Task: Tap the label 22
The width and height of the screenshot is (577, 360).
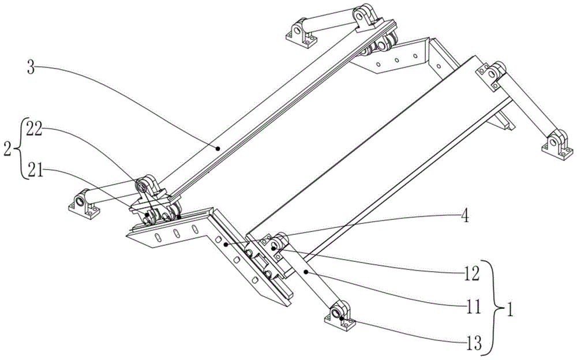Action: pyautogui.click(x=35, y=131)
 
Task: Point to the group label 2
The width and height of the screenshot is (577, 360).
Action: pyautogui.click(x=8, y=149)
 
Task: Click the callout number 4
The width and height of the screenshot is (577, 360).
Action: pyautogui.click(x=465, y=217)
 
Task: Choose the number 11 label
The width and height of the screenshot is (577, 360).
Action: pyautogui.click(x=472, y=307)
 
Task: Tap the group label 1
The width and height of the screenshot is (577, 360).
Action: pyautogui.click(x=510, y=307)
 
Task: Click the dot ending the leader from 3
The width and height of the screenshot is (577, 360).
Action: pyautogui.click(x=218, y=148)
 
